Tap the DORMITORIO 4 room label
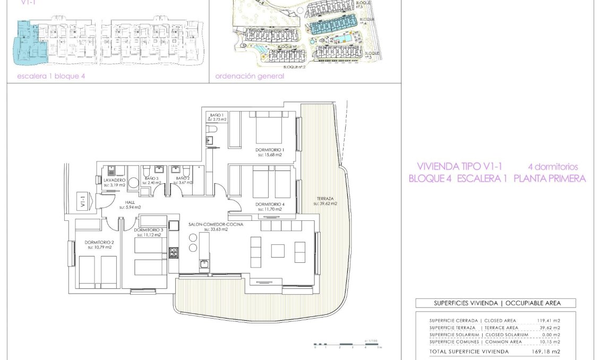[270, 204]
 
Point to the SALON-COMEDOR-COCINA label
[216, 225]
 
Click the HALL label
[130, 202]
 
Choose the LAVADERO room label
[114, 181]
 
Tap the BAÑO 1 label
[216, 115]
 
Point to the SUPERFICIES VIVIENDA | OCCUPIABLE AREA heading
[495, 303]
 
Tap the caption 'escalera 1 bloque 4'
[51, 76]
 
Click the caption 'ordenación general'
[250, 76]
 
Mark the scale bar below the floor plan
[347, 345]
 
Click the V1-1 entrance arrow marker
[84, 200]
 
